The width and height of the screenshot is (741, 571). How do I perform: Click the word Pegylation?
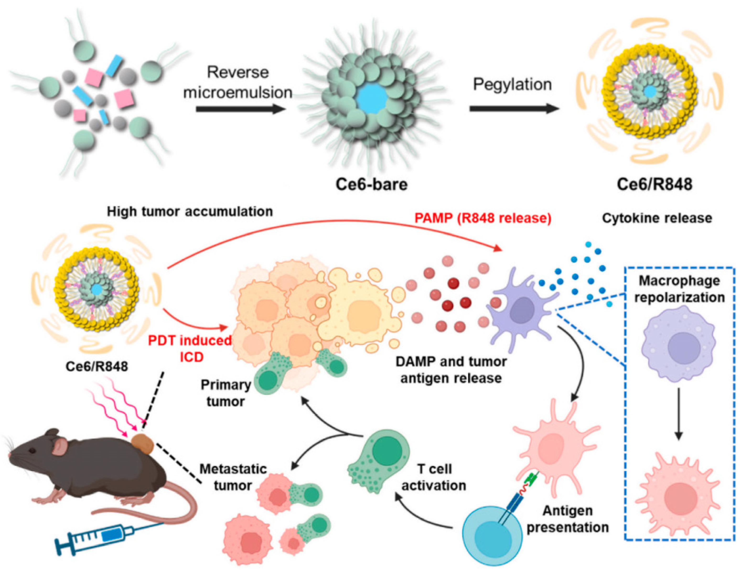click(512, 84)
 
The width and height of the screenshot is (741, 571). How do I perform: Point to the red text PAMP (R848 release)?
click(483, 218)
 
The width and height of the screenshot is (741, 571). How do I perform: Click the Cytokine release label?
click(657, 218)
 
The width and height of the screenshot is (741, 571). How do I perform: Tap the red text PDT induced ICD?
click(190, 348)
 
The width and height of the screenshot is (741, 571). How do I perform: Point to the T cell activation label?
click(434, 477)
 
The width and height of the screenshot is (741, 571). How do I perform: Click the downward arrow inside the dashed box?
click(679, 414)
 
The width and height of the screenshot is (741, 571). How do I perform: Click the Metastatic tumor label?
click(233, 477)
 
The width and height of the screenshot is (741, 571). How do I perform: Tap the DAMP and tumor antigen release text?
click(451, 370)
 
